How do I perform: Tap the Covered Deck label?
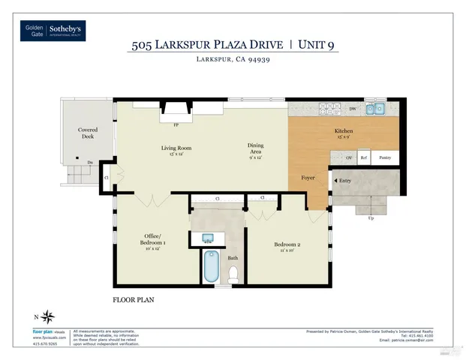pyautogui.click(x=88, y=133)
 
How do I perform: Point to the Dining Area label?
pyautogui.click(x=256, y=148)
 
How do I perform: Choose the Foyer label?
pyautogui.click(x=308, y=178)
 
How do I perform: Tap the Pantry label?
pyautogui.click(x=385, y=158)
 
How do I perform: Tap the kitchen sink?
pyautogui.click(x=375, y=109)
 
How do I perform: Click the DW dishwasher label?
pyautogui.click(x=353, y=109)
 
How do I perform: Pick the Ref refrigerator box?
pyautogui.click(x=364, y=158)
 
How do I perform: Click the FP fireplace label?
pyautogui.click(x=176, y=124)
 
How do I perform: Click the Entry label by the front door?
pyautogui.click(x=345, y=181)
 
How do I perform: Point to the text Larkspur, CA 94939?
pyautogui.click(x=233, y=60)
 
